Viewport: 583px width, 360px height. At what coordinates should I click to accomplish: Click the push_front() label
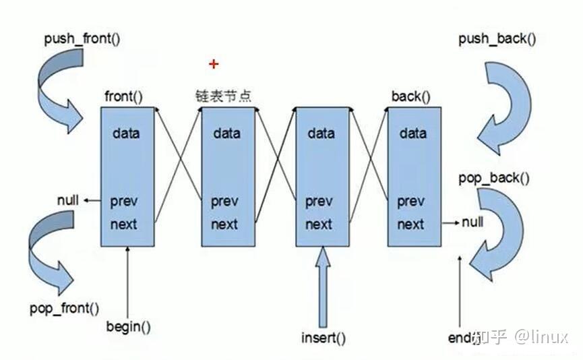point(82,38)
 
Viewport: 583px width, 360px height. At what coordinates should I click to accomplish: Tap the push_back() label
point(497,38)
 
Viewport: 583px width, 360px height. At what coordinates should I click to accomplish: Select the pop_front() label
point(64,309)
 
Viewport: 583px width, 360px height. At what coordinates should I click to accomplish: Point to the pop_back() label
point(493,178)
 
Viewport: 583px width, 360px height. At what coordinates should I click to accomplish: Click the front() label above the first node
point(124,96)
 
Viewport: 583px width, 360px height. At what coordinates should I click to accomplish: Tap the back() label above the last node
point(410,96)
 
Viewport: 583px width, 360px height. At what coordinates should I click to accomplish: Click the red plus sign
point(214,64)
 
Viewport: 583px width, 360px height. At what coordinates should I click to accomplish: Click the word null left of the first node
point(67,200)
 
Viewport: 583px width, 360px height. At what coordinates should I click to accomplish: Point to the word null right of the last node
point(472,222)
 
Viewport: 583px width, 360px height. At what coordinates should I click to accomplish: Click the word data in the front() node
point(127,133)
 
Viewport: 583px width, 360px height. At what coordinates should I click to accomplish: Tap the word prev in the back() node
point(410,201)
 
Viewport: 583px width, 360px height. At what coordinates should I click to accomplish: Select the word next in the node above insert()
point(319,224)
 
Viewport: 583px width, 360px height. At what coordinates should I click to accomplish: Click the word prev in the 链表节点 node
point(224,201)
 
